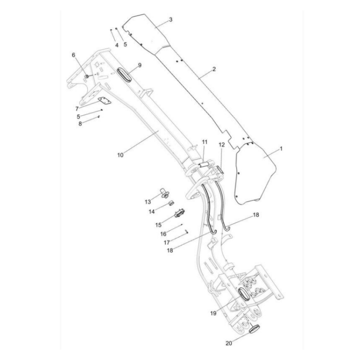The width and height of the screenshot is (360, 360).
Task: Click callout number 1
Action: coord(281,149)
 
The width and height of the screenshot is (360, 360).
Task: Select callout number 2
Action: coord(214,69)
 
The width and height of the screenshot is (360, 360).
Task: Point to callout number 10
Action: coord(120,155)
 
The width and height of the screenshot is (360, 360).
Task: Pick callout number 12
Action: coord(222,144)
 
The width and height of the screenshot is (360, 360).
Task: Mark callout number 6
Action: coord(73,55)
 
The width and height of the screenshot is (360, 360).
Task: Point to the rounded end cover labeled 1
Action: coord(254,175)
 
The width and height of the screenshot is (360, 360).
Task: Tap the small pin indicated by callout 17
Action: coord(186,232)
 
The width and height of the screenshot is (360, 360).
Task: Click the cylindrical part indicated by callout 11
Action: coord(203,164)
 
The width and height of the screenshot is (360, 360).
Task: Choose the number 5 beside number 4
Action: coord(125,44)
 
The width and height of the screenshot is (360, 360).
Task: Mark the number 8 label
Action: coord(81,123)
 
